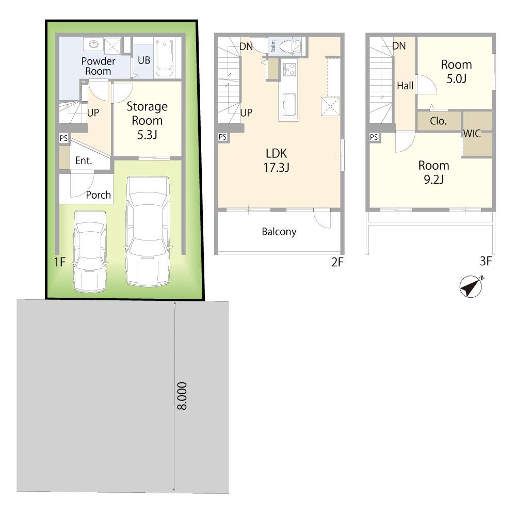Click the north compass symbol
click(x=471, y=286)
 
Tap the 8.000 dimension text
click(x=182, y=396)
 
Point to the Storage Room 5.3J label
click(x=147, y=120)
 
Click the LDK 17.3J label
click(x=277, y=160)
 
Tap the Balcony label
click(x=279, y=232)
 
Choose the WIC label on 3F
click(x=472, y=133)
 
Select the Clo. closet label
click(x=438, y=121)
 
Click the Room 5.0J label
click(x=457, y=71)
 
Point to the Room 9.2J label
click(x=434, y=172)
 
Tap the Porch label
click(x=98, y=195)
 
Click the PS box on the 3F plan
click(x=374, y=137)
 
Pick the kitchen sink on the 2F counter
click(x=289, y=104)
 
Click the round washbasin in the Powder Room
click(x=94, y=44)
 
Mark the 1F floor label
click(x=59, y=262)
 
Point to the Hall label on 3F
click(x=405, y=86)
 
